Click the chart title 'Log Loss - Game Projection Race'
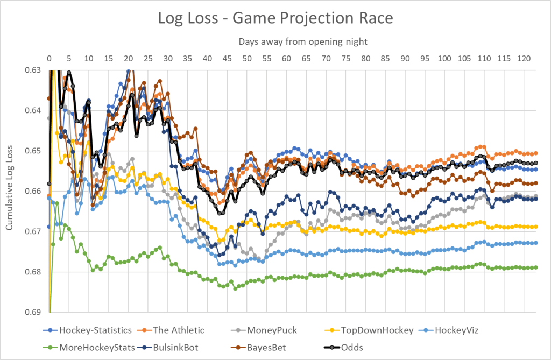pyautogui.click(x=275, y=18)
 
